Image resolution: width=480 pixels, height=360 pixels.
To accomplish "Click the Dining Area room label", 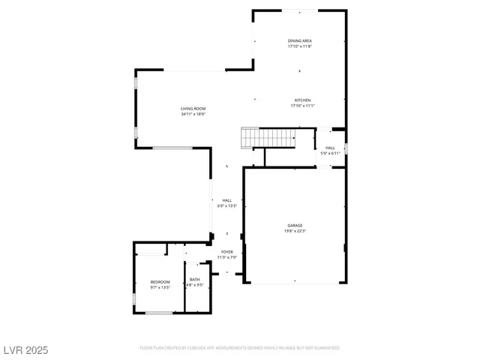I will tap(300, 40).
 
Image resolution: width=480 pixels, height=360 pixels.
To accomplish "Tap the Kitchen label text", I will tap(302, 100).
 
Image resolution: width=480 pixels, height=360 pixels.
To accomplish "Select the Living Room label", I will tap(193, 109).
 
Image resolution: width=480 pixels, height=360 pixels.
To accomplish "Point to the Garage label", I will tap(295, 225).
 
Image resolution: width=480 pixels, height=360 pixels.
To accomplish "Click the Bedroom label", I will tap(160, 282).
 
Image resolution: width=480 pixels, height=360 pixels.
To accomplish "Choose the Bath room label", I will tap(194, 280).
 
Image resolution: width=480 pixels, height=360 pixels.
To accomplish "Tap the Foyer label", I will tap(226, 252).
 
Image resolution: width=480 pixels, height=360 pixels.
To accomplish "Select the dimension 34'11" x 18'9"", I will tap(193, 115).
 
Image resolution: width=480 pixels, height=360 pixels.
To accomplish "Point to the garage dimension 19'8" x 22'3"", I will tap(295, 231).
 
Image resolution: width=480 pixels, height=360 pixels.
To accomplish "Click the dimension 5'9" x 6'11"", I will tap(330, 154).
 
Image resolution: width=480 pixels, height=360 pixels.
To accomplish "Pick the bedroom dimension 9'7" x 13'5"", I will tap(160, 287).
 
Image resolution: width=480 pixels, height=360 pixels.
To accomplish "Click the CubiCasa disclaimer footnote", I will tap(240, 348).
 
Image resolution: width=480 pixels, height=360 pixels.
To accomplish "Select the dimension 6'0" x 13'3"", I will tap(226, 206).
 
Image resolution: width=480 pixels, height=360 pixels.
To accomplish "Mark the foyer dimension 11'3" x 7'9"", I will tap(226, 258).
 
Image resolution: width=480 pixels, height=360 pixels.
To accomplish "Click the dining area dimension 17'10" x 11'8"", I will tap(300, 46).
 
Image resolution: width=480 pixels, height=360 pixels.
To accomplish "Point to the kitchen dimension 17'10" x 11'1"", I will tap(302, 106).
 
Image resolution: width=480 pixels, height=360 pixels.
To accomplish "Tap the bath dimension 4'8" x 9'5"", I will tap(194, 285).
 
